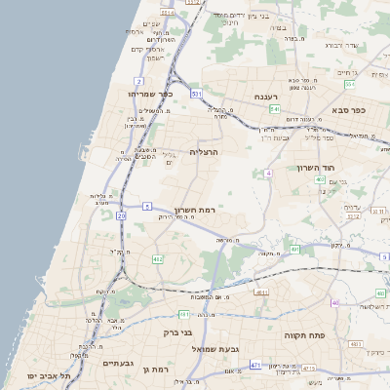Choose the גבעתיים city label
coord(125,363)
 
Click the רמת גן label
coord(156,370)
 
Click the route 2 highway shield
coord(140,81)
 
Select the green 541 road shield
coord(275,110)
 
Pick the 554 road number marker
coord(350,85)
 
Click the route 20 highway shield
coord(121,214)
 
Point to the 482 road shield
coord(157,258)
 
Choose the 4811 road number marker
coord(184,314)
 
